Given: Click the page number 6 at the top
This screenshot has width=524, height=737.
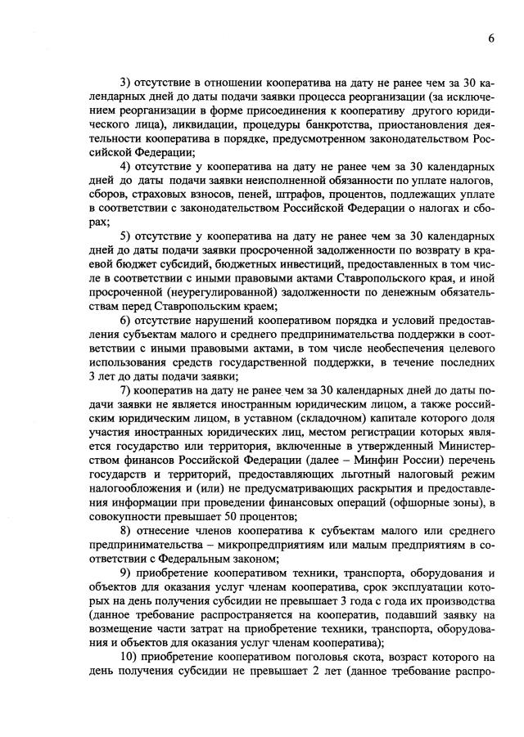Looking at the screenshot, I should click(x=490, y=38).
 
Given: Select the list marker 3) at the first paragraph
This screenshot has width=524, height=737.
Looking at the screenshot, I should click(x=126, y=83).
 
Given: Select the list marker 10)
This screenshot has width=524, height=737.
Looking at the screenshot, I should click(x=129, y=657).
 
